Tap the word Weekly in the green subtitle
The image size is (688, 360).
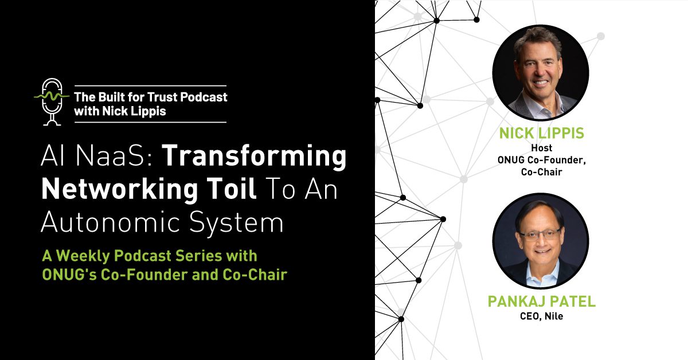(80, 256)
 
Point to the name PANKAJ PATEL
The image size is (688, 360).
(541, 302)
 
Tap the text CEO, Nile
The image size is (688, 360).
(541, 316)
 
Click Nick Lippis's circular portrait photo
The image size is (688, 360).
(540, 72)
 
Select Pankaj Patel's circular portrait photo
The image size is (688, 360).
(540, 241)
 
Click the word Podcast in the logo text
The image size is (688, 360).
(205, 96)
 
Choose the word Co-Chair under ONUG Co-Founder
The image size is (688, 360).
(541, 172)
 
